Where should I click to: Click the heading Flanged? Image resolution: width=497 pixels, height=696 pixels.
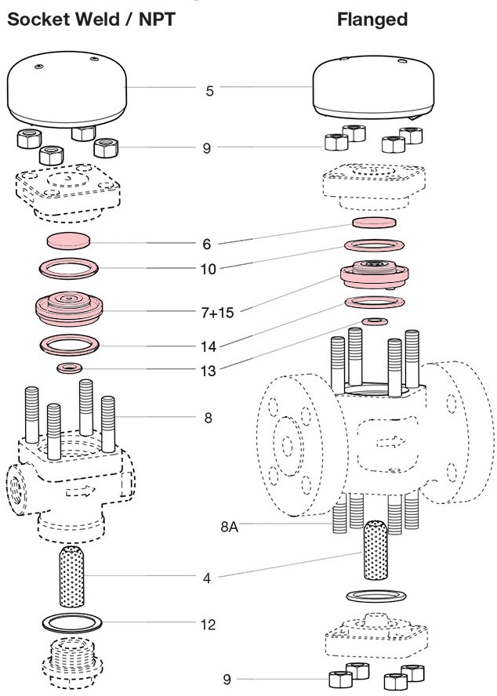click(372, 20)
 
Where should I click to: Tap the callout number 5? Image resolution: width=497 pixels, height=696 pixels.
click(209, 91)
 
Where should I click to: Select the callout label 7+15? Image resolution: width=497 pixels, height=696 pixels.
click(216, 313)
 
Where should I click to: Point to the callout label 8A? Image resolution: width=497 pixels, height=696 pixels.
click(229, 527)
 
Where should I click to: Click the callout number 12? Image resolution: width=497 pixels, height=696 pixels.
click(208, 625)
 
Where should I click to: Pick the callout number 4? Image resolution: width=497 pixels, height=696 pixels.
click(207, 579)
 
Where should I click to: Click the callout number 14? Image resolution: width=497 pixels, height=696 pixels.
click(208, 345)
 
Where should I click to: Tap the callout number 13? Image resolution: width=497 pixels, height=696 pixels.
click(208, 371)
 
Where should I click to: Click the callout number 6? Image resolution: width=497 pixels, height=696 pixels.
click(207, 244)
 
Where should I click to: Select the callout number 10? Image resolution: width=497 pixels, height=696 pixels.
click(208, 269)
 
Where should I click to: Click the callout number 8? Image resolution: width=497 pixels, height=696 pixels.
click(208, 418)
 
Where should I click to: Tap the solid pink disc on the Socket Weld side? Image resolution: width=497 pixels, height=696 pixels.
click(69, 240)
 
